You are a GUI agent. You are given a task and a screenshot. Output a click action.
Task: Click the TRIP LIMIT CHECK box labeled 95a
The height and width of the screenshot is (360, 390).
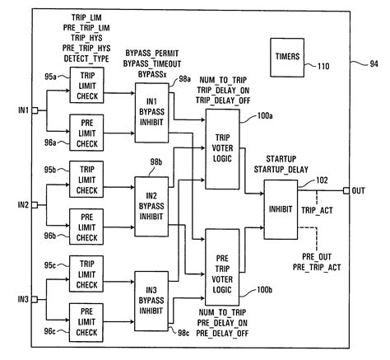[x=86, y=87]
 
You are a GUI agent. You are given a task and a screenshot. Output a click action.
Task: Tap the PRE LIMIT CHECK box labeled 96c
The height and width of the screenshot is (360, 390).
[x=86, y=320]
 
